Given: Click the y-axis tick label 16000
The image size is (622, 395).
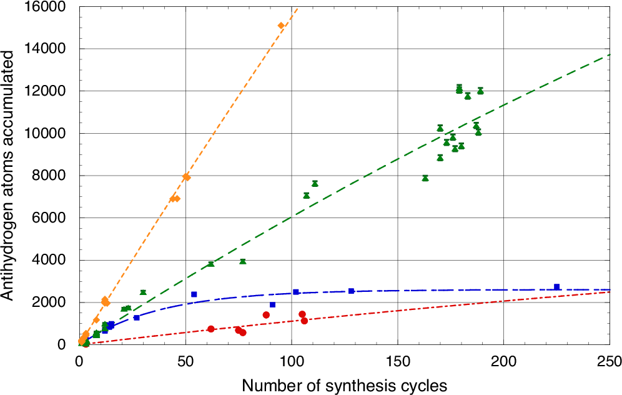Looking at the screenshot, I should point(47,7).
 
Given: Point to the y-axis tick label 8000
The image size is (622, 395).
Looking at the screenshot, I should point(51,176).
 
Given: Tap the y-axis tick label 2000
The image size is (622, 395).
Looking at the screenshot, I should point(51,302).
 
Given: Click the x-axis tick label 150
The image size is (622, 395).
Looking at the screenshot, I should point(397,361).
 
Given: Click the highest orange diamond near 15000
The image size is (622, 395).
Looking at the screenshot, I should point(281,26).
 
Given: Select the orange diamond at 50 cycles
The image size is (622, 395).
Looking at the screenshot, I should point(186,177).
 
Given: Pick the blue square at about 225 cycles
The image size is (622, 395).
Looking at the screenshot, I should point(556,287).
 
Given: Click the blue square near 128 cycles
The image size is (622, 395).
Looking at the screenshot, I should point(351,291).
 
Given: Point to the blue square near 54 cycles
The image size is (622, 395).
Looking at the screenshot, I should point(194,294).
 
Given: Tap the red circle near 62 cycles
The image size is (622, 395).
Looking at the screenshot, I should point(211,329).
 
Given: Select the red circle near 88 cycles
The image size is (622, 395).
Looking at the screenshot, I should point(266,315).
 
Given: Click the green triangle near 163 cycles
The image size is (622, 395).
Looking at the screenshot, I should point(425,178).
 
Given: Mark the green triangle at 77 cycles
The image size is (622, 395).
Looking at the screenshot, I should point(242,261).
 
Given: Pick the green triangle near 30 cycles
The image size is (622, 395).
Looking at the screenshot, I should point(143,292).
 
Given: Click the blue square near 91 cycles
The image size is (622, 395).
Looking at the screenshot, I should point(272,305).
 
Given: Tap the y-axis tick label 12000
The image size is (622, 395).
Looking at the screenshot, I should point(47,91).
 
